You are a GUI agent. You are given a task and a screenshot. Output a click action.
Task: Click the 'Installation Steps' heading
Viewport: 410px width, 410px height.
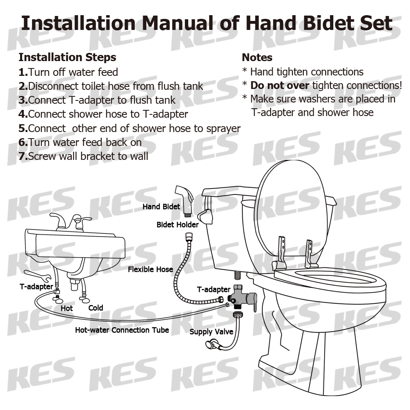[67, 57]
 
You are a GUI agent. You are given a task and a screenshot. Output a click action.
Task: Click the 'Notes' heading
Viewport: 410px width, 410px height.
[257, 57]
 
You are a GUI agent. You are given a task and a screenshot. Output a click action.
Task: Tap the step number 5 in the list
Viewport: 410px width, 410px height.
[23, 128]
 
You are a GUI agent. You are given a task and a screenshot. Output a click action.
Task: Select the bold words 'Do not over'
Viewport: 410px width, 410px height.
[280, 85]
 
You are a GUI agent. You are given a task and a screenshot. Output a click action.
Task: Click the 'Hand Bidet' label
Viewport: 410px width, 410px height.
[161, 207]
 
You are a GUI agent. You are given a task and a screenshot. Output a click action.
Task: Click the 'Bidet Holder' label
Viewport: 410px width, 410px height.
[178, 225]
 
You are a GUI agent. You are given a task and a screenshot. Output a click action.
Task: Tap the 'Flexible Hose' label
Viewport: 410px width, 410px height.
[150, 269]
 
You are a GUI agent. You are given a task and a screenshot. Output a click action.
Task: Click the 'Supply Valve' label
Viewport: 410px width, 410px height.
[211, 332]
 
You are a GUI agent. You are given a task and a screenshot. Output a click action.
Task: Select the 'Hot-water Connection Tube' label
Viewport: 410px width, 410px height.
[122, 330]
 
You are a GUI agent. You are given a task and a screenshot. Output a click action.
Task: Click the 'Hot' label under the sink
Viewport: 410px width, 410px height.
[67, 308]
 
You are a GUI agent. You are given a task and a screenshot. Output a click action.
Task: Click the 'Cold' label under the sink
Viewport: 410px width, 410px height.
[96, 307]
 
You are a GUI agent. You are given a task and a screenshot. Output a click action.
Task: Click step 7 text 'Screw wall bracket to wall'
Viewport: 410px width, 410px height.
[88, 156]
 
